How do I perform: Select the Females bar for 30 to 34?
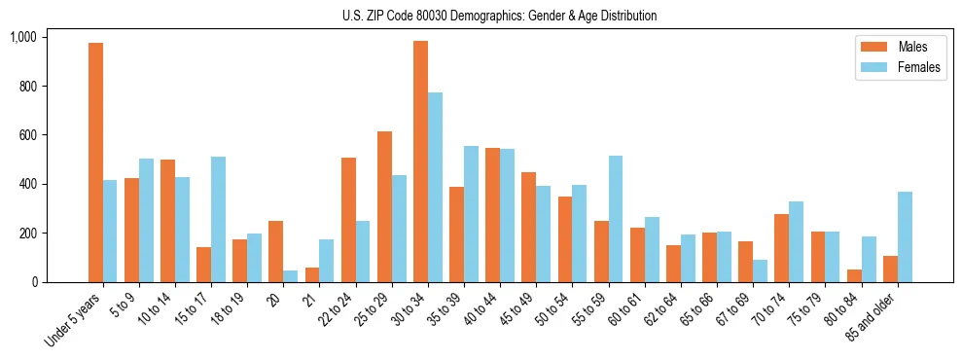pos(436,187)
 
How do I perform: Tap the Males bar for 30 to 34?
pos(420,162)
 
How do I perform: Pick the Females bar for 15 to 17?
pos(219,219)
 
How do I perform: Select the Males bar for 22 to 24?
pos(348,220)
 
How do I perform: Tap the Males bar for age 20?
pos(276,251)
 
